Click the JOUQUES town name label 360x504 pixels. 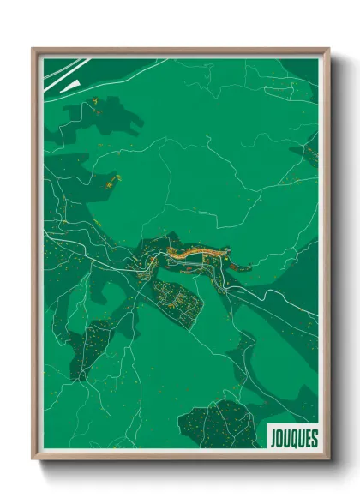(291, 435)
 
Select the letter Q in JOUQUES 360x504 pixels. (292, 435)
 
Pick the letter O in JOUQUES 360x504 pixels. (279, 435)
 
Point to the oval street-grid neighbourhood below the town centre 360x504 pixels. (177, 299)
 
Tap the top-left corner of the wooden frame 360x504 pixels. (33, 50)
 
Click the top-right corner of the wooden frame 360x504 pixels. (327, 50)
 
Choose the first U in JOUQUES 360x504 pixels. (286, 435)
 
